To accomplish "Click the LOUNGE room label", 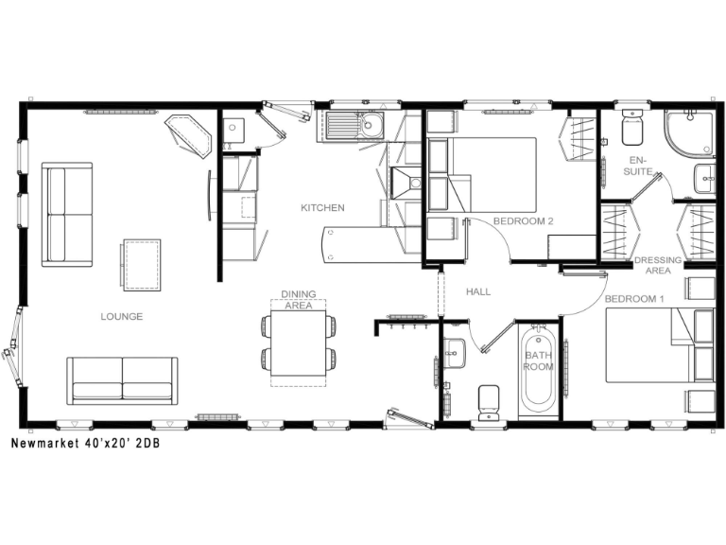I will [x=121, y=317].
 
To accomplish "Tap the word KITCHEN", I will [x=322, y=208].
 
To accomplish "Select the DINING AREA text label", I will [x=298, y=300].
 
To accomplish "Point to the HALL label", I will [x=477, y=292].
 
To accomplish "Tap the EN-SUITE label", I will [x=639, y=167].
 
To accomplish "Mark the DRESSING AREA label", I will [x=652, y=265].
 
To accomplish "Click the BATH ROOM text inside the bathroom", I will [x=538, y=360].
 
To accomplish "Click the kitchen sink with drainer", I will [x=356, y=125].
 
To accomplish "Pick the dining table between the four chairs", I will [x=298, y=343].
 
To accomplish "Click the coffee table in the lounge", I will [x=141, y=264].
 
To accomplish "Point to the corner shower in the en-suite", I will [x=691, y=134].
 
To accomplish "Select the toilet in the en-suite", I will [x=632, y=126].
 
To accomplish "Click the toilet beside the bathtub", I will [x=489, y=401].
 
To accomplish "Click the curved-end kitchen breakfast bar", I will [x=369, y=243].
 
